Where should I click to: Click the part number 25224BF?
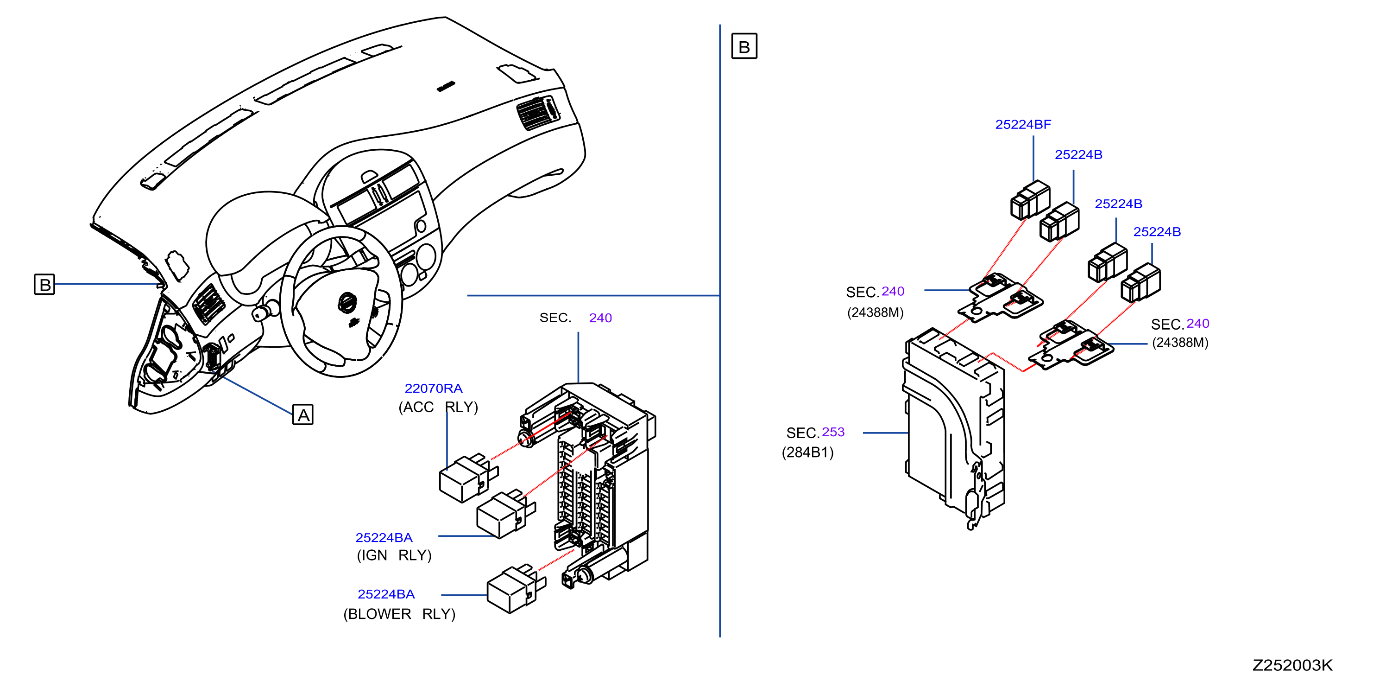(x=1023, y=124)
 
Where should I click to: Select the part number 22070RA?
(x=433, y=388)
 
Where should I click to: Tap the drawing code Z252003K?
(x=1292, y=665)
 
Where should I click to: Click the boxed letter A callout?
(x=303, y=414)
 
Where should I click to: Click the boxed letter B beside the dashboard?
(x=44, y=284)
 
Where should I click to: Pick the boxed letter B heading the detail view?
(x=744, y=46)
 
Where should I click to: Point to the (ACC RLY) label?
(x=438, y=407)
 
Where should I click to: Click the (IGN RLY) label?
(x=394, y=555)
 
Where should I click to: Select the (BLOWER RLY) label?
(x=399, y=614)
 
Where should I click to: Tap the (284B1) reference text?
(x=807, y=452)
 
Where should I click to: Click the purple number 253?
(x=833, y=432)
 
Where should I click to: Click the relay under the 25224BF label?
(x=1030, y=200)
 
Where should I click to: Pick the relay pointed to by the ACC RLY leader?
(x=468, y=478)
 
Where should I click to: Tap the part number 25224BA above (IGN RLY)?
(x=384, y=537)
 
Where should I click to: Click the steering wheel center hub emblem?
(x=347, y=303)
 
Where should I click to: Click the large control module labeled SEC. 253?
(x=953, y=428)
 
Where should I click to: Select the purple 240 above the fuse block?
(x=600, y=318)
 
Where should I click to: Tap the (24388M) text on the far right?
(x=1180, y=343)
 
